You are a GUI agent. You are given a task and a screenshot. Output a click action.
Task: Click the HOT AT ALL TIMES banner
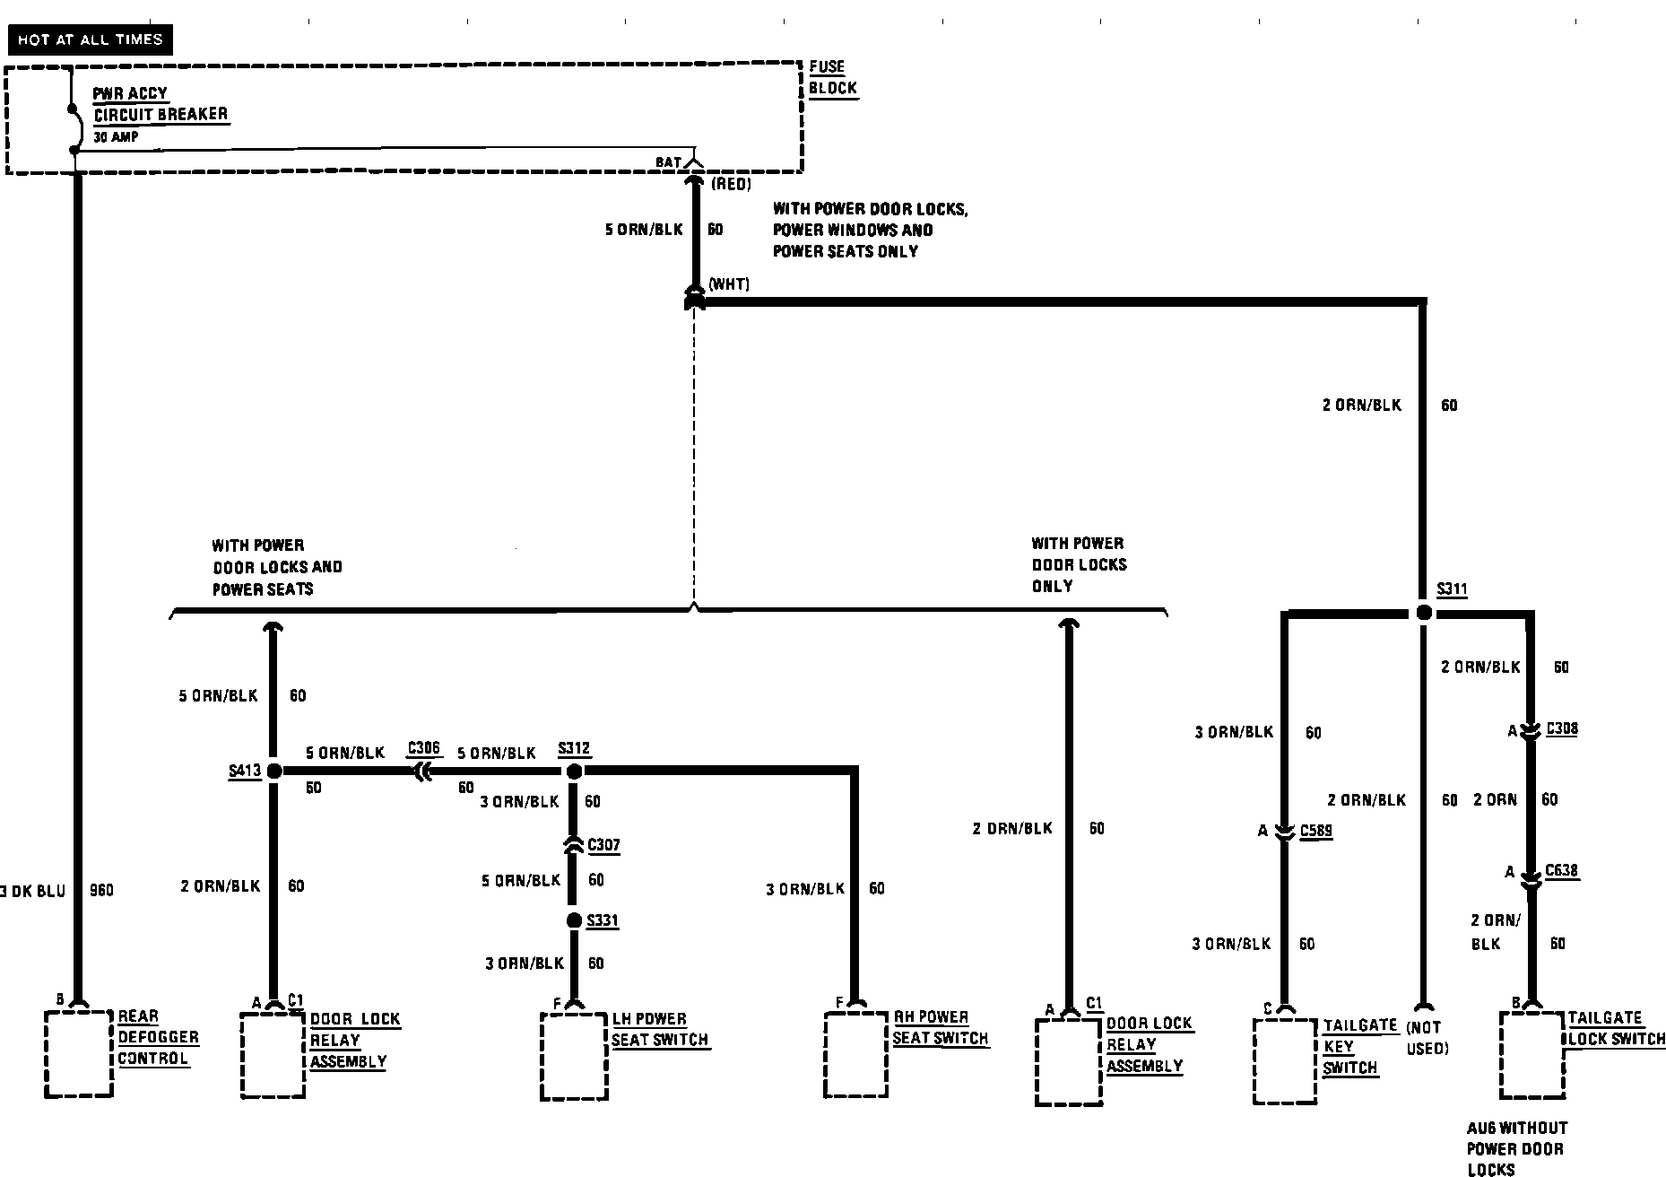pos(90,39)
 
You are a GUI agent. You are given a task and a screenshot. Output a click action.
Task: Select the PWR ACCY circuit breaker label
pos(161,104)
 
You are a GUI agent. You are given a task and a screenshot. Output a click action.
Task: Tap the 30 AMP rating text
pos(116,137)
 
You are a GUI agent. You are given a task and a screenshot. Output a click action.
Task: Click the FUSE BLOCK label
pos(832,77)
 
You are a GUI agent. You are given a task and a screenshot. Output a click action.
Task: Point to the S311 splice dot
pos(1424,613)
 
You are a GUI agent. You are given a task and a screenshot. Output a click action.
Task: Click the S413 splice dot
pos(274,771)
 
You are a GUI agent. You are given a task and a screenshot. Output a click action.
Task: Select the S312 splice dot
pos(575,771)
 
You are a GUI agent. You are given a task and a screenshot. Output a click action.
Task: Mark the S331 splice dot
pos(575,920)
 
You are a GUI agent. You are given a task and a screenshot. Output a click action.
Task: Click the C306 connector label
pos(424,748)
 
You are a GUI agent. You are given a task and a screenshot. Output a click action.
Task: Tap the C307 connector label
pos(603,845)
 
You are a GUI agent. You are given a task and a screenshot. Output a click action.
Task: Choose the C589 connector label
pos(1315,832)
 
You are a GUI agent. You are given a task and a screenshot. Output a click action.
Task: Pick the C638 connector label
pos(1561,870)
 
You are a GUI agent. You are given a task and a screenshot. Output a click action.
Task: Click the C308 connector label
pos(1562,728)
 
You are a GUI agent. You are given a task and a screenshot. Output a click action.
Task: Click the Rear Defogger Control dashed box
pos(79,1054)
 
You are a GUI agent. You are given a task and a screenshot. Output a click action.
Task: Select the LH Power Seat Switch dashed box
pos(574,1056)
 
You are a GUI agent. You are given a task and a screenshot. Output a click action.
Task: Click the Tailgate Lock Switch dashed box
pos(1532,1055)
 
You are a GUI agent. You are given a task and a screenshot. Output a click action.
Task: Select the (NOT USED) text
pos(1427,1038)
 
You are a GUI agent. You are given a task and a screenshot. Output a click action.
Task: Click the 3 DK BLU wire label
pos(34,891)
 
